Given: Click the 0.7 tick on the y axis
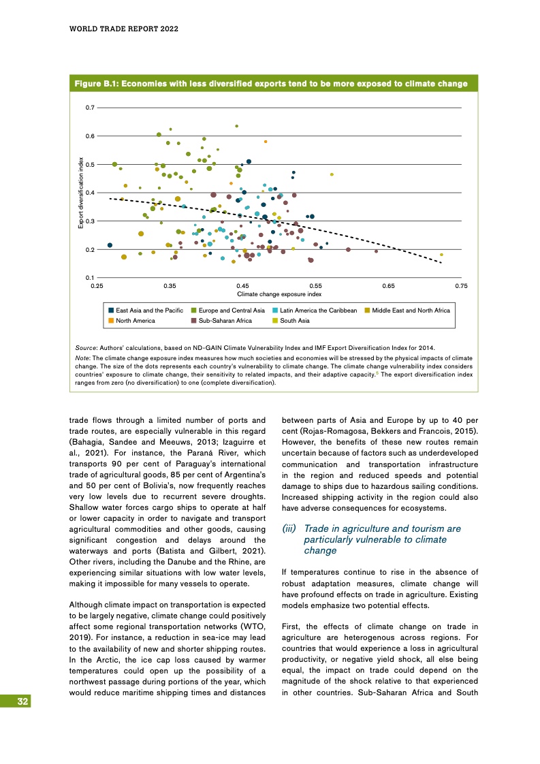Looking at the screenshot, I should click(x=90, y=108).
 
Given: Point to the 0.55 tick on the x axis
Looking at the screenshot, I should click(x=315, y=287).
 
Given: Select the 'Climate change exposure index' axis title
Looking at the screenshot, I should click(x=279, y=294).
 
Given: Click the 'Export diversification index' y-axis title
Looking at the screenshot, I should click(x=80, y=193).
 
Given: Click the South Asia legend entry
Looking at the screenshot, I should click(x=294, y=320).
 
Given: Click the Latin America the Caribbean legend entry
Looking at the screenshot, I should click(x=318, y=311).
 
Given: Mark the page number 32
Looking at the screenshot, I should click(x=23, y=701).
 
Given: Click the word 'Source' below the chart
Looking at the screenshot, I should click(x=86, y=347).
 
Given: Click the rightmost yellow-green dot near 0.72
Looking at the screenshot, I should click(x=441, y=255).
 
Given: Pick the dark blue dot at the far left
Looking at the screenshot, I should click(x=110, y=245).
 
